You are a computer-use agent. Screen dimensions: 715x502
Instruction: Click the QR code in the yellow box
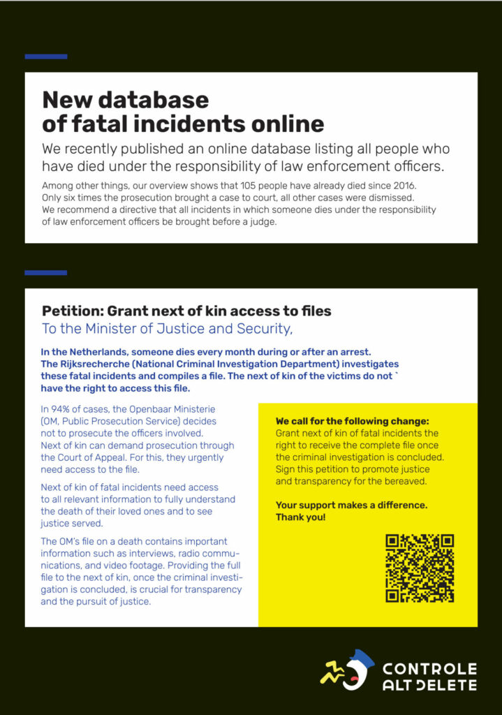[420, 568]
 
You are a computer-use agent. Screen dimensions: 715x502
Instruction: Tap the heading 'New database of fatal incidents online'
[183, 112]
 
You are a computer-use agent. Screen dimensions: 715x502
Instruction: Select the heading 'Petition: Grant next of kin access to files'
[186, 311]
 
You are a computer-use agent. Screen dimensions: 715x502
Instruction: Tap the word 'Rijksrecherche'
[98, 364]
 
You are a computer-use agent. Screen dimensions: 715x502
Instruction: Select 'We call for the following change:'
[352, 422]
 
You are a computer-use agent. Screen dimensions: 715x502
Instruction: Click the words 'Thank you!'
[300, 517]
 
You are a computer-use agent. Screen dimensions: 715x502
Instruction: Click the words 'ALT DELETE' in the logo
[429, 686]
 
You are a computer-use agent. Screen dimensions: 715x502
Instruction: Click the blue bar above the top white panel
[46, 57]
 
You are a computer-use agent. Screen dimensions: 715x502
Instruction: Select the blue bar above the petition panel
[46, 272]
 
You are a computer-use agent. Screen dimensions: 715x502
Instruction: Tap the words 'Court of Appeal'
[77, 458]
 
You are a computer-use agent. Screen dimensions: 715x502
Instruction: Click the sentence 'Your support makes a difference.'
[351, 505]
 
